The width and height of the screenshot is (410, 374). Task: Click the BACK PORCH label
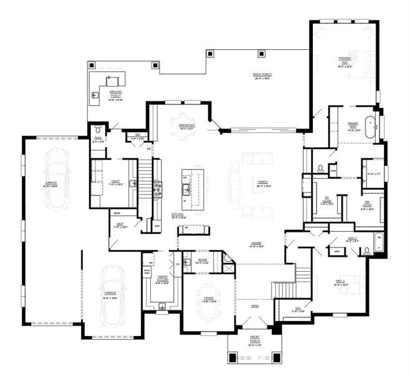261,75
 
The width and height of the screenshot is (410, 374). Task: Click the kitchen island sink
186,186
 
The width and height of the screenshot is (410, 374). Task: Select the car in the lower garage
113,295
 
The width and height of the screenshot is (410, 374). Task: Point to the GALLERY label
256,244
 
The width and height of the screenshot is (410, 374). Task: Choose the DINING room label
209,299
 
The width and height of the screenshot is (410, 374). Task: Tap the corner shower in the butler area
227,258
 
